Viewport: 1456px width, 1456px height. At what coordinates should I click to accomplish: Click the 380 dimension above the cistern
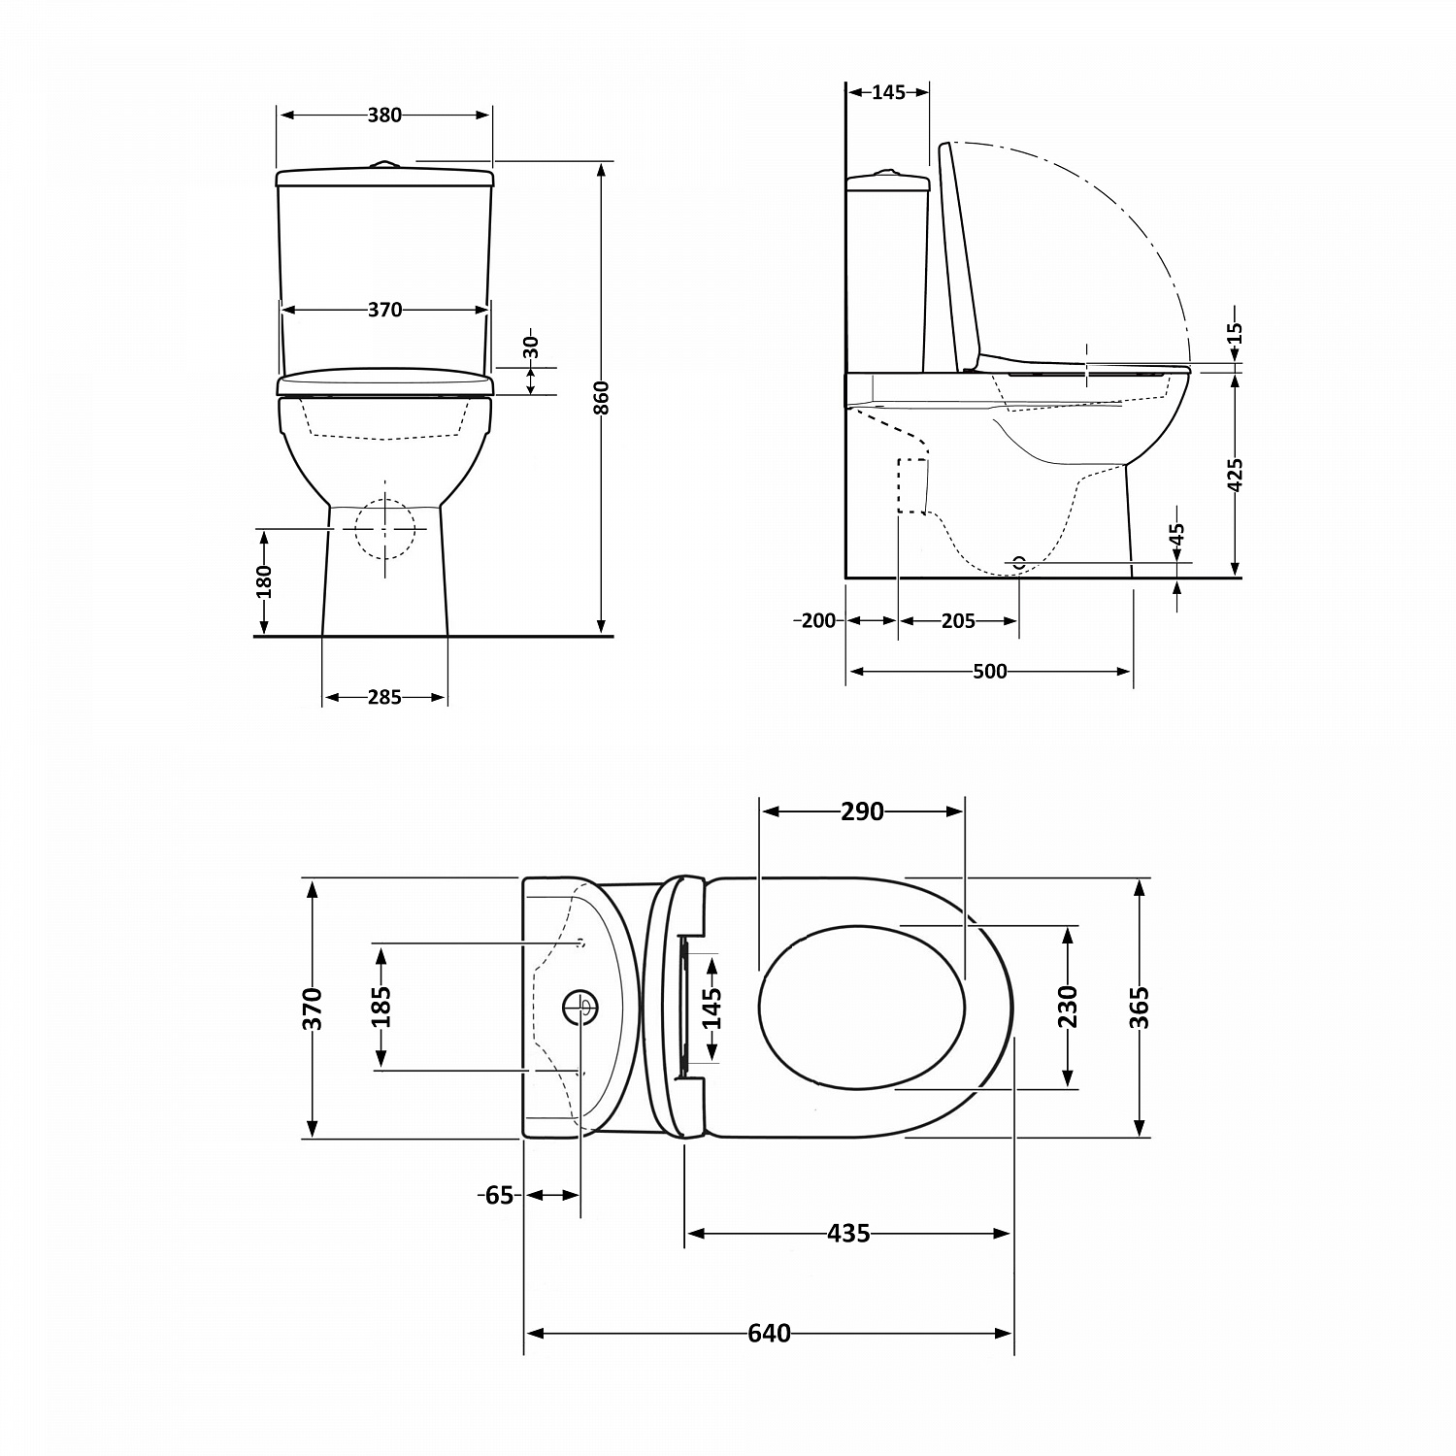pyautogui.click(x=384, y=115)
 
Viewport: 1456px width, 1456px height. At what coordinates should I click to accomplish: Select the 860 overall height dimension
pyautogui.click(x=602, y=398)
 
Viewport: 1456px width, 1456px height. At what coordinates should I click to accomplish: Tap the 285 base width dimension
pyautogui.click(x=384, y=697)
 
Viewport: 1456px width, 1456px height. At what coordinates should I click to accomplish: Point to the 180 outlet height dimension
pyautogui.click(x=264, y=581)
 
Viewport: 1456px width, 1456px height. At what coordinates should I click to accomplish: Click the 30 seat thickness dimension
pyautogui.click(x=531, y=347)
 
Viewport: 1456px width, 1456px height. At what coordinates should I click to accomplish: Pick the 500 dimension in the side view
pyautogui.click(x=989, y=672)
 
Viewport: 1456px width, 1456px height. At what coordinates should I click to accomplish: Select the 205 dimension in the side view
pyautogui.click(x=958, y=621)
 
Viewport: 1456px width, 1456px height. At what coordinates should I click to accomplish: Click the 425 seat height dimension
pyautogui.click(x=1236, y=476)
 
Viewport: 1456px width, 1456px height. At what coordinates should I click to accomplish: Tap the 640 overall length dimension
pyautogui.click(x=769, y=1334)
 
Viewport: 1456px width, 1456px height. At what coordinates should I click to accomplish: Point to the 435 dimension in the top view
pyautogui.click(x=848, y=1234)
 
